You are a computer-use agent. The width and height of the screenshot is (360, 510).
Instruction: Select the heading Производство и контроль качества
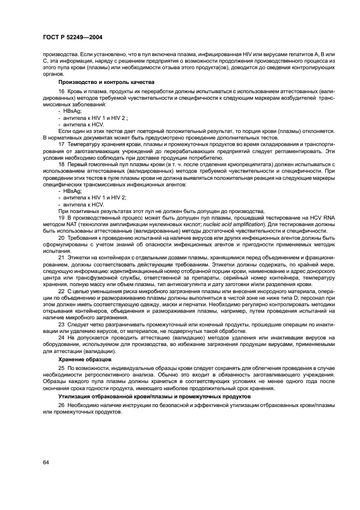click(x=102, y=82)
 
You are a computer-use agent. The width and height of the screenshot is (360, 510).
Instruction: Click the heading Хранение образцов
click(x=85, y=360)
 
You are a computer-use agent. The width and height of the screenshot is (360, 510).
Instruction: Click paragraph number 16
click(x=60, y=91)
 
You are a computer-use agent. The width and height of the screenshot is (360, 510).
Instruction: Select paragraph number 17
click(x=60, y=144)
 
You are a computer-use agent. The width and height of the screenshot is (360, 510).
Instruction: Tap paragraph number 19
click(x=60, y=218)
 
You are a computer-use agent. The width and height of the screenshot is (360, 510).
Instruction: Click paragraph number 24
click(x=60, y=338)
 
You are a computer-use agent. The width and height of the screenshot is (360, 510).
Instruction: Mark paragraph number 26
click(x=60, y=406)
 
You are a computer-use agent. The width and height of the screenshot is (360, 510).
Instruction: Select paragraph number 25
click(x=60, y=369)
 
